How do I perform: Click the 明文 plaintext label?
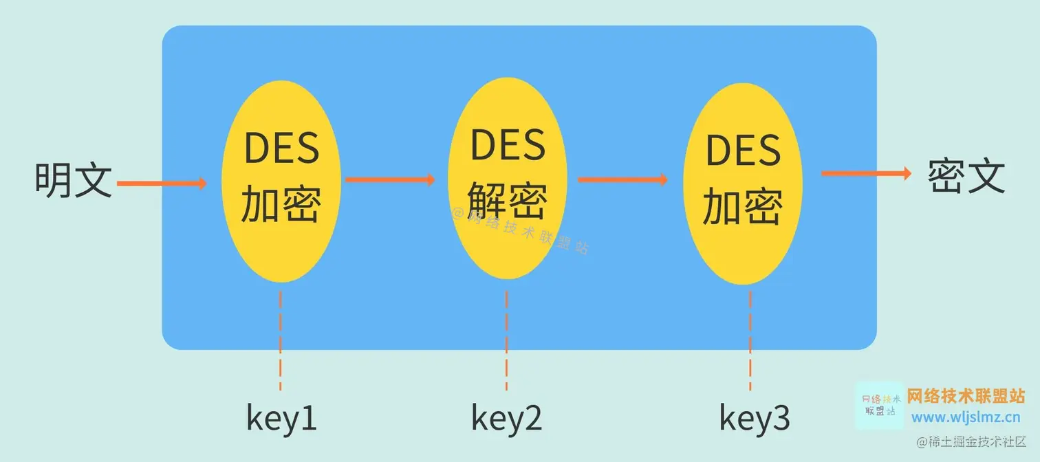[x=74, y=180]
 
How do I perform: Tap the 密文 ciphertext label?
[x=966, y=177]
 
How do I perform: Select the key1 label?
[x=282, y=418]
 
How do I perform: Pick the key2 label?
[x=507, y=417]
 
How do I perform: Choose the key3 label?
[x=755, y=417]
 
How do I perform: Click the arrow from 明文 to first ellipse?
[x=162, y=183]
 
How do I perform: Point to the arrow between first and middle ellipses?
[x=390, y=179]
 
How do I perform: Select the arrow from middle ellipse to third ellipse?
[x=622, y=179]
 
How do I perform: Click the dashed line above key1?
[x=281, y=340]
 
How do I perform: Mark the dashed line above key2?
[x=506, y=340]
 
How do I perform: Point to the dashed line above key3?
[x=750, y=340]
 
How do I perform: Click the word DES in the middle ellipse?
[x=508, y=145]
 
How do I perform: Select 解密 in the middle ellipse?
[x=508, y=201]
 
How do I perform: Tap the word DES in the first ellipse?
[x=282, y=148]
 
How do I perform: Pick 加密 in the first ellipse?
[x=281, y=204]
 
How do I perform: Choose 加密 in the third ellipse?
[x=743, y=207]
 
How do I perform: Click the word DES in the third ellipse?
[x=744, y=151]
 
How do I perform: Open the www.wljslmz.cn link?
[x=966, y=417]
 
